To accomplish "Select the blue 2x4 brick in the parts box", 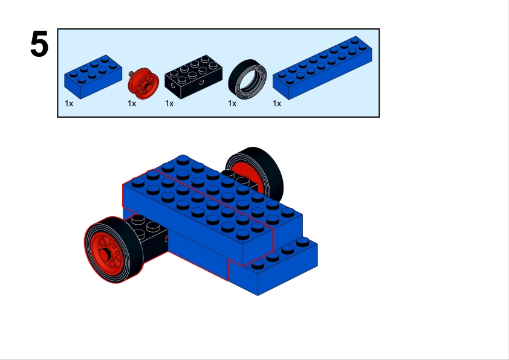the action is [93, 77].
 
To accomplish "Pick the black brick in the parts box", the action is [193, 77].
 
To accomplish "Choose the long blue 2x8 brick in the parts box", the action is [322, 68].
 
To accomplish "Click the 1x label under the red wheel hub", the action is [132, 103].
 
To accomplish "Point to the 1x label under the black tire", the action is [232, 103].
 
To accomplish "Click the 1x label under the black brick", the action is [169, 103].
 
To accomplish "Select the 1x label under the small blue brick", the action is [69, 103].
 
